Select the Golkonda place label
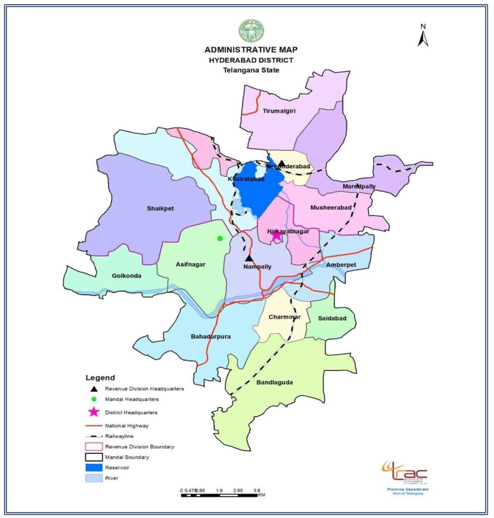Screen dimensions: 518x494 click(126, 276)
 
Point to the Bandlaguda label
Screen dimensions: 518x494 click(274, 382)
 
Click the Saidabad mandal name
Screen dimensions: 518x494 click(331, 318)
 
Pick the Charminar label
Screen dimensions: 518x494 click(285, 317)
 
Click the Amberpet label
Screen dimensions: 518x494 click(341, 265)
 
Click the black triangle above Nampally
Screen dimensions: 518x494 click(249, 258)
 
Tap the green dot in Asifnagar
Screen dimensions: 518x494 click(220, 238)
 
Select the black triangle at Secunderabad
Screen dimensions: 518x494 click(282, 163)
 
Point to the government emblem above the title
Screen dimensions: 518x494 click(251, 31)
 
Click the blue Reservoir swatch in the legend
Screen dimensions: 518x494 click(93, 467)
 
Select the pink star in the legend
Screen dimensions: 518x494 click(93, 412)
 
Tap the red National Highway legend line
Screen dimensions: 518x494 click(93, 425)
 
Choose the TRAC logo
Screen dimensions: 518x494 click(406, 473)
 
